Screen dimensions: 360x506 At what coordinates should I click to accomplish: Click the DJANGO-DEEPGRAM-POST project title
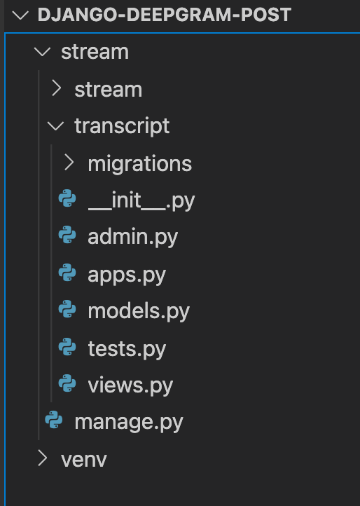pyautogui.click(x=165, y=15)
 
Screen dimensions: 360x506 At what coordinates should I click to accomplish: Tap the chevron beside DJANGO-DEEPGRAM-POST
pyautogui.click(x=20, y=15)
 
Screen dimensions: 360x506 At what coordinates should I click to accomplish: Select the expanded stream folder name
pyautogui.click(x=95, y=52)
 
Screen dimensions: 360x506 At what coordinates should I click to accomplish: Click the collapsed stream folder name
pyautogui.click(x=109, y=90)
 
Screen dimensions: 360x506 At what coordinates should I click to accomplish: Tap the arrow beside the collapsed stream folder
pyautogui.click(x=57, y=88)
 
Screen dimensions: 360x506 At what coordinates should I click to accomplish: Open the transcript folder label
pyautogui.click(x=122, y=126)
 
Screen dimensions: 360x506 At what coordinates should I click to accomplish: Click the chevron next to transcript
pyautogui.click(x=55, y=126)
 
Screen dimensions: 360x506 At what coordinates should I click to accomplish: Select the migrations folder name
pyautogui.click(x=140, y=163)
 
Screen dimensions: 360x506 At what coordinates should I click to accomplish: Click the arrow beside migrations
pyautogui.click(x=69, y=162)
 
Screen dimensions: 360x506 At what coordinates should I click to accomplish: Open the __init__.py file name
pyautogui.click(x=141, y=200)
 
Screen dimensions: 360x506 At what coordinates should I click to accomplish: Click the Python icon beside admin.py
pyautogui.click(x=67, y=235)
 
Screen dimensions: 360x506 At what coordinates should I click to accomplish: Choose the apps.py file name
pyautogui.click(x=127, y=275)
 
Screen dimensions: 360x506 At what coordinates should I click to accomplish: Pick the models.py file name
pyautogui.click(x=139, y=311)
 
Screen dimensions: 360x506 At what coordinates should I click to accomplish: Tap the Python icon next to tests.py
pyautogui.click(x=67, y=347)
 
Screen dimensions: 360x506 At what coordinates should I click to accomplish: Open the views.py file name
pyautogui.click(x=130, y=385)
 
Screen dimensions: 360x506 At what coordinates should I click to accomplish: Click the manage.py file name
pyautogui.click(x=129, y=422)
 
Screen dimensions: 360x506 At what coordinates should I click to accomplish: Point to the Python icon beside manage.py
pyautogui.click(x=54, y=420)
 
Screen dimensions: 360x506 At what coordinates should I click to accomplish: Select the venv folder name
pyautogui.click(x=84, y=460)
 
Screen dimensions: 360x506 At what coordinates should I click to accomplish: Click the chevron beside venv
pyautogui.click(x=43, y=458)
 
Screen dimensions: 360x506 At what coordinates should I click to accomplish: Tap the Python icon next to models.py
pyautogui.click(x=67, y=309)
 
